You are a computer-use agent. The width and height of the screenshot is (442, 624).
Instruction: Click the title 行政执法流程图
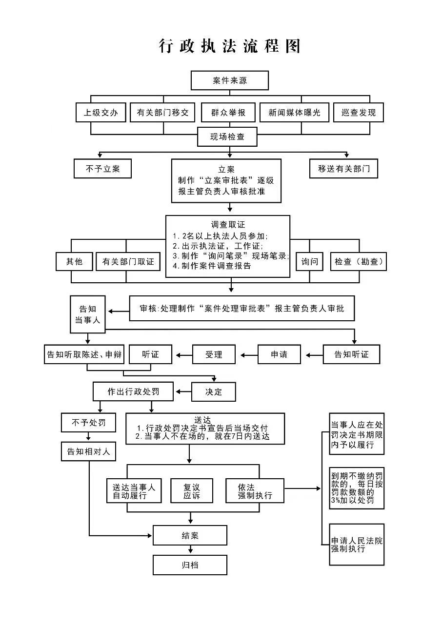pyautogui.click(x=229, y=46)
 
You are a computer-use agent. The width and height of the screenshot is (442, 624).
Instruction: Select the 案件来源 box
pyautogui.click(x=229, y=80)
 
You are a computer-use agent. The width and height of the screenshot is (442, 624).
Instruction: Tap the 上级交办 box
pyautogui.click(x=101, y=113)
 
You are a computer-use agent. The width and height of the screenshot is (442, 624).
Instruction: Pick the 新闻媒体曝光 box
pyautogui.click(x=294, y=113)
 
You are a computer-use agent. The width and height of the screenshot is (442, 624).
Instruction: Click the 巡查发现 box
pyautogui.click(x=359, y=113)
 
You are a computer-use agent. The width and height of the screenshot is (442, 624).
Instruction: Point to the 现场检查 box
pyautogui.click(x=227, y=137)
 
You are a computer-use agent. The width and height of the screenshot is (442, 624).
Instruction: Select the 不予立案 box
pyautogui.click(x=102, y=169)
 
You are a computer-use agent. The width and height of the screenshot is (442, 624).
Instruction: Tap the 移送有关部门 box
pyautogui.click(x=344, y=169)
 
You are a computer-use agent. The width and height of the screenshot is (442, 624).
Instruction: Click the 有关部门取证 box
pyautogui.click(x=128, y=262)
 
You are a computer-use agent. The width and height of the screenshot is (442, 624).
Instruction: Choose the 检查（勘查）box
pyautogui.click(x=359, y=262)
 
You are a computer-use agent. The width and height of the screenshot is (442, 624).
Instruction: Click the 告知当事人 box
pyautogui.click(x=88, y=314)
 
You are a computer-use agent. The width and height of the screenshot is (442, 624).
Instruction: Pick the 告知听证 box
pyautogui.click(x=351, y=354)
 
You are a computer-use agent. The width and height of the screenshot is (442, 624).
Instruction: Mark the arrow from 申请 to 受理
pyautogui.click(x=246, y=355)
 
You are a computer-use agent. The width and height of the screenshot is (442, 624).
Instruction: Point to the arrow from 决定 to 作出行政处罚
pyautogui.click(x=182, y=391)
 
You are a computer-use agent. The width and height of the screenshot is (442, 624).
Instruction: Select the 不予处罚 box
pyautogui.click(x=88, y=422)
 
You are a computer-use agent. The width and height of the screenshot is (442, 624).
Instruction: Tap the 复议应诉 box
pyautogui.click(x=191, y=491)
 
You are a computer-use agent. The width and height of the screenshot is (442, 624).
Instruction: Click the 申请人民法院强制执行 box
pyautogui.click(x=357, y=545)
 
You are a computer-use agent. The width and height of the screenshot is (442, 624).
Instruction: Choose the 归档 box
pyautogui.click(x=190, y=565)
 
